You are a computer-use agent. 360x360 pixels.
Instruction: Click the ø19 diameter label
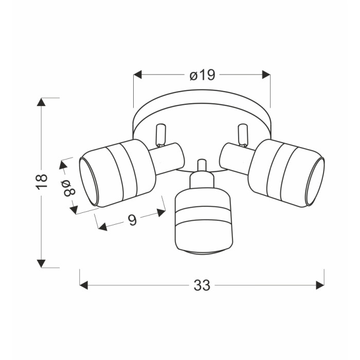pos(203,75)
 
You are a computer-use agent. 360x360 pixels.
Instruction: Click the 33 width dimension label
pos(202,285)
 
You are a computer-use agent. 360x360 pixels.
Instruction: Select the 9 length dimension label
pos(132,220)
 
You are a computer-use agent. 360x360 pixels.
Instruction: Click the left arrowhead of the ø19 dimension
pos(137,75)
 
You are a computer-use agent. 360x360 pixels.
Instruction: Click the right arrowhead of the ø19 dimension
pos(266,75)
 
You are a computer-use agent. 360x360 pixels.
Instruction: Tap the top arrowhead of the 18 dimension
pos(41,102)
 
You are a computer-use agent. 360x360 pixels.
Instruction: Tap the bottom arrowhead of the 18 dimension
pos(41,263)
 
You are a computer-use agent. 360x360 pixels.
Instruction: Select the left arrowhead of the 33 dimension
pos(83,285)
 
